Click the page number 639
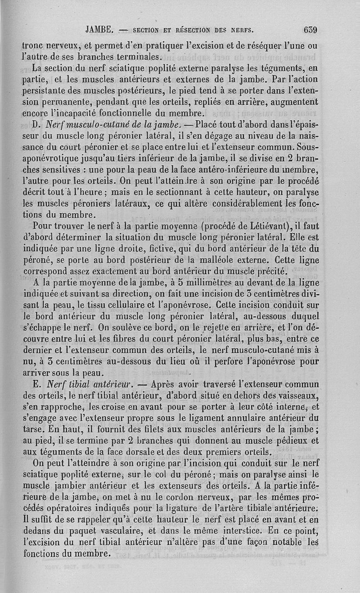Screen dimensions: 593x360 coord(310,31)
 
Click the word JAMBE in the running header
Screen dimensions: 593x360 coord(99,31)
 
